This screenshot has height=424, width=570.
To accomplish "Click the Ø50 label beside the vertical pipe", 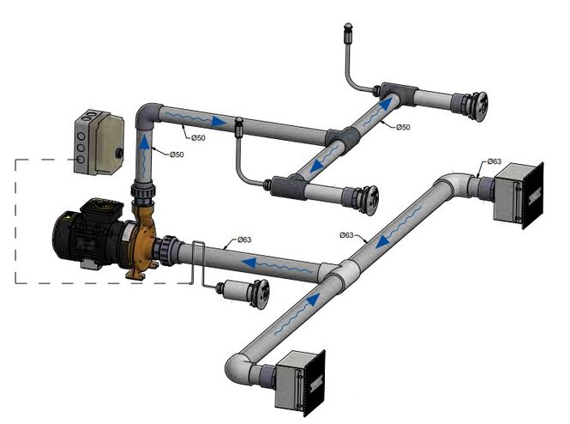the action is coord(177,154).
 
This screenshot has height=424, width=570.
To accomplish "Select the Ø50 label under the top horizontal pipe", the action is coord(198,137).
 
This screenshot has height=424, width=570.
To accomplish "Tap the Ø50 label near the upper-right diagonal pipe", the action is coord(403,127).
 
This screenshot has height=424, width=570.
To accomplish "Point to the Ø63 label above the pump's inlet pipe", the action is coord(244,239).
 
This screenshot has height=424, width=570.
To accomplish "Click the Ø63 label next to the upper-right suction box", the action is coord(495,161).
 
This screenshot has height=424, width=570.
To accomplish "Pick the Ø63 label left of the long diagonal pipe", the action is coord(346,235).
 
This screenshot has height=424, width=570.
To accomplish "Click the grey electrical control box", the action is coord(99,143).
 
